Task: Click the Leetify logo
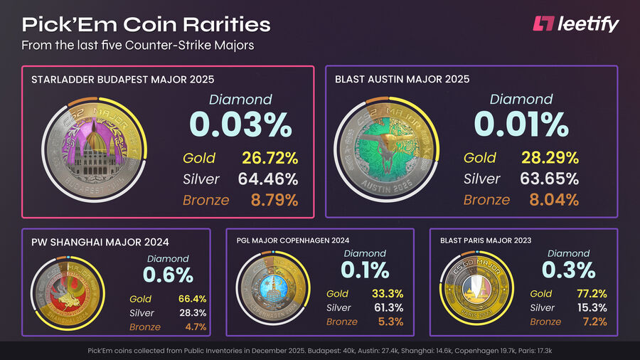[x=576, y=24]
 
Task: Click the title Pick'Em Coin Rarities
[x=146, y=24]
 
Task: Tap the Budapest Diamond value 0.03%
[x=240, y=125]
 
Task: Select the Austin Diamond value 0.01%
[x=521, y=125]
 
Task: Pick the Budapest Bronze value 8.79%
[x=274, y=200]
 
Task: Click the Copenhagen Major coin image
[x=274, y=292]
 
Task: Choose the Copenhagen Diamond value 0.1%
[x=364, y=270]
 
